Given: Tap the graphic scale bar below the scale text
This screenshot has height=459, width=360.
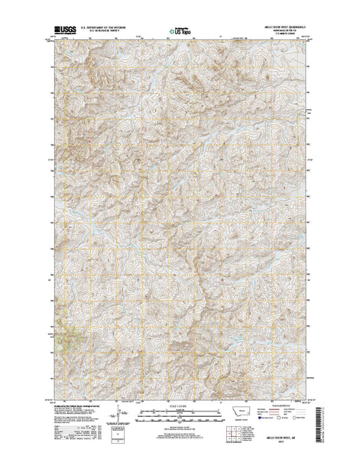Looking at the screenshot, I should coord(180,412).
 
